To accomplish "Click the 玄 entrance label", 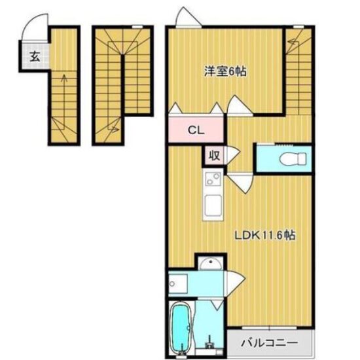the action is click(x=35, y=56).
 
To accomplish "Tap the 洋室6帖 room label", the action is click(x=225, y=71).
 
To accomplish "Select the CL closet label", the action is click(x=196, y=130).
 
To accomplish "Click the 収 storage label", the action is click(x=214, y=156).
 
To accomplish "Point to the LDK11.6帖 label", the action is click(x=264, y=235).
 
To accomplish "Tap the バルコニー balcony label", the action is click(x=269, y=343).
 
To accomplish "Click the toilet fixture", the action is click(x=293, y=158).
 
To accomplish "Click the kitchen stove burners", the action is click(x=213, y=179).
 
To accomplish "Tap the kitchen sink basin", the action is click(x=213, y=206).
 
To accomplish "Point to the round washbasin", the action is click(x=211, y=264).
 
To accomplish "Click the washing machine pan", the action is click(x=178, y=284).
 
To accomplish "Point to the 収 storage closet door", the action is click(x=233, y=156).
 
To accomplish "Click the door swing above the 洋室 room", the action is click(x=188, y=17).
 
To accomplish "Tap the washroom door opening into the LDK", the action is click(x=236, y=284).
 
